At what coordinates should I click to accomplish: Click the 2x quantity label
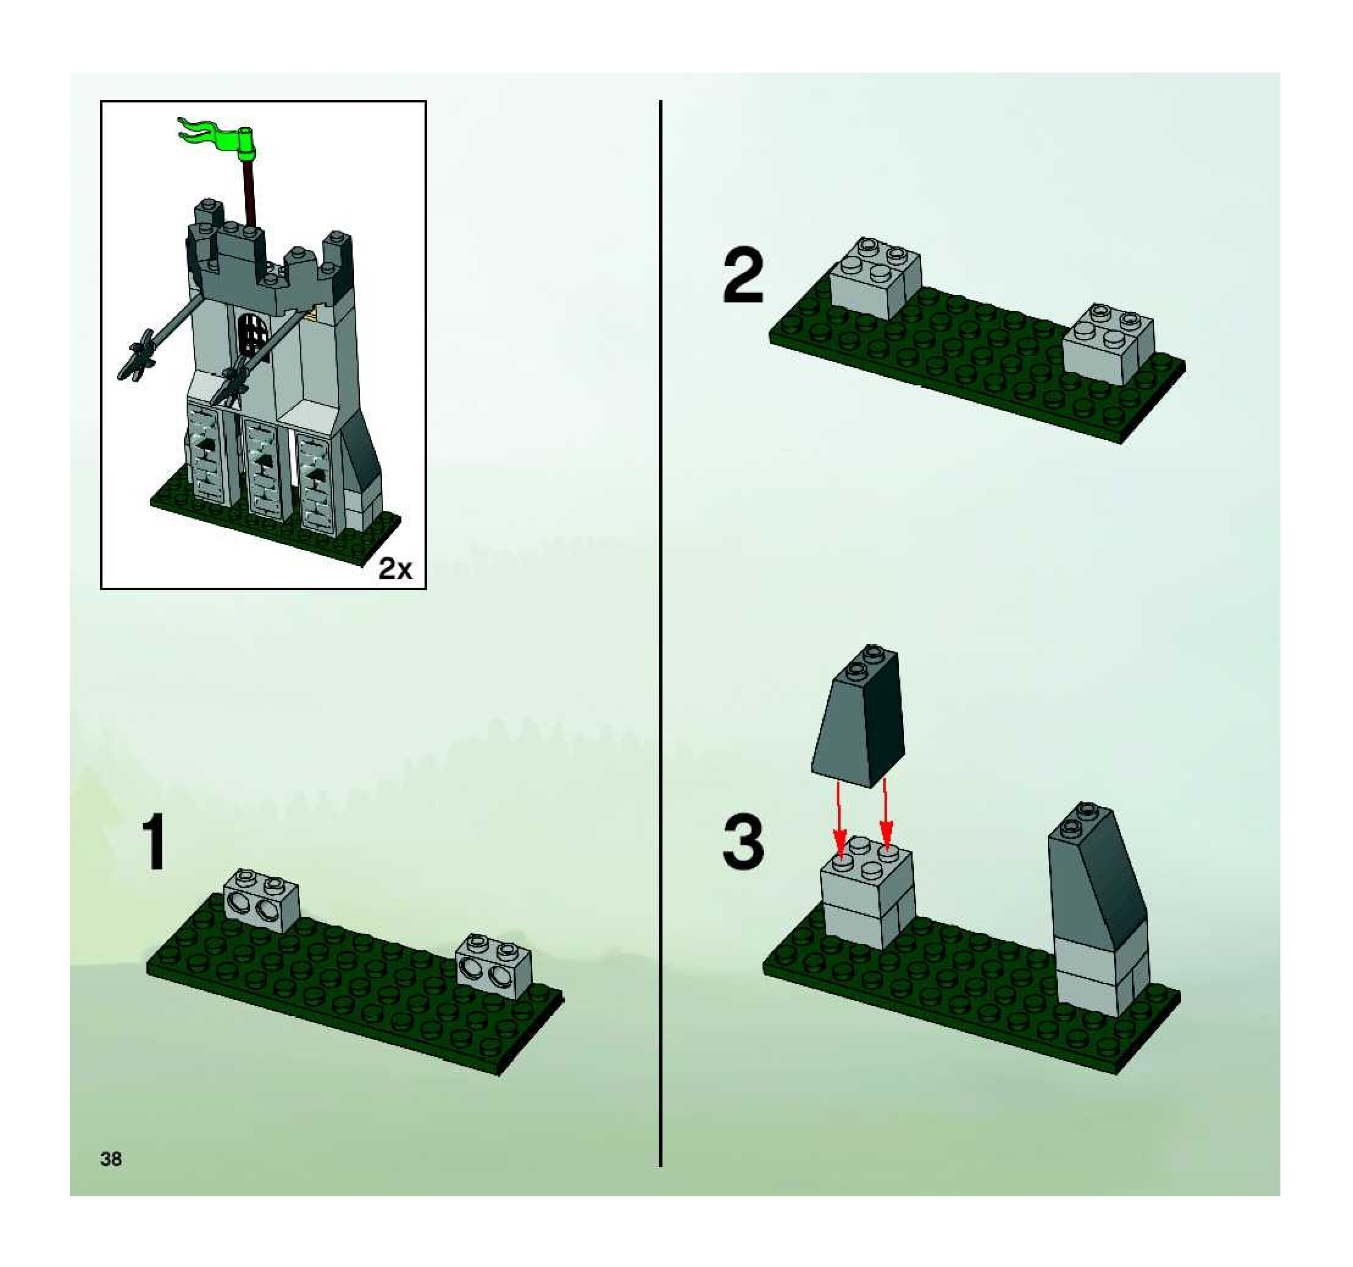pyautogui.click(x=395, y=568)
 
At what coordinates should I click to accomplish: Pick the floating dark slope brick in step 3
pyautogui.click(x=859, y=716)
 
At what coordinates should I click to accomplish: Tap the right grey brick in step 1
pyautogui.click(x=494, y=967)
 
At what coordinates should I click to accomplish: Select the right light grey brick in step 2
pyautogui.click(x=1108, y=343)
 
